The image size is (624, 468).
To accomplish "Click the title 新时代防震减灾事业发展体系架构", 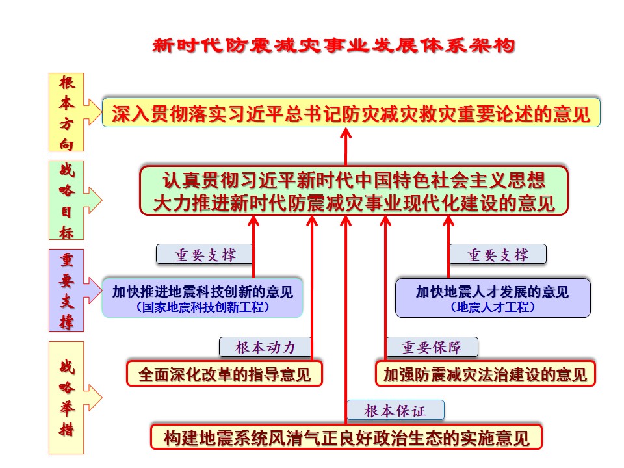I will [333, 45].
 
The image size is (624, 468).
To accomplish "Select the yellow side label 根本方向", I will [67, 112].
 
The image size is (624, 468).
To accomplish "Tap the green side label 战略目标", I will [67, 201].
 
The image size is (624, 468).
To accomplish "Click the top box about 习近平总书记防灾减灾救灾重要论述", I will [351, 113].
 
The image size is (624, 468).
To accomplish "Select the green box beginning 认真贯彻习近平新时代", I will [354, 190].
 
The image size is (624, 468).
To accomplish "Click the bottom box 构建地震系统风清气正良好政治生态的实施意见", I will [346, 437].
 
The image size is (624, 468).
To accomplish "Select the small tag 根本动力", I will [265, 347].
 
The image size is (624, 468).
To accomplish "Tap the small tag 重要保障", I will [432, 347].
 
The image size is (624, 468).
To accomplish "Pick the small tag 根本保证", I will [395, 410].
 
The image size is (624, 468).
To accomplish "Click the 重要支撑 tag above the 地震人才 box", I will [498, 254].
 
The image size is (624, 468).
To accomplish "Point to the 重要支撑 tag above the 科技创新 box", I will [204, 254].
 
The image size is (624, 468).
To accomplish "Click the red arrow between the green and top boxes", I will [346, 146].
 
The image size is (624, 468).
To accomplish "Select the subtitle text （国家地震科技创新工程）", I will [203, 307].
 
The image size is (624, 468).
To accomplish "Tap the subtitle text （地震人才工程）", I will [493, 307].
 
